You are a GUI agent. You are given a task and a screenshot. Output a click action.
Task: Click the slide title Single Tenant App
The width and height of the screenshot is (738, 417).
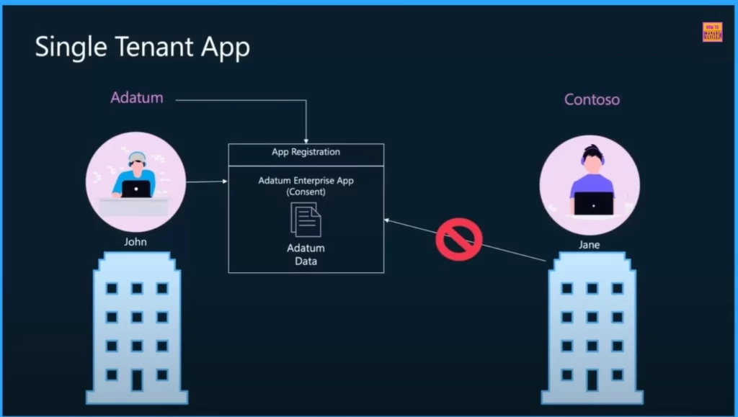tap(143, 48)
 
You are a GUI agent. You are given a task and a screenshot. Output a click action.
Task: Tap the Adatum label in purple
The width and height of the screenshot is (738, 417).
tap(136, 98)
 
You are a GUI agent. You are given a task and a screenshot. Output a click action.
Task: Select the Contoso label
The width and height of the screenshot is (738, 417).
tap(592, 99)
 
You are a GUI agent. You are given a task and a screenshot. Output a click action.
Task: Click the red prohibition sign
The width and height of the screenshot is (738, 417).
tap(459, 239)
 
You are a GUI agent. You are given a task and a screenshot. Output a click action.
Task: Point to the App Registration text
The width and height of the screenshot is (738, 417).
tap(306, 152)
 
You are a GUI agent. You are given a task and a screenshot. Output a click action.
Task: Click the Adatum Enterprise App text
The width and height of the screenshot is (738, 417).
tap(306, 181)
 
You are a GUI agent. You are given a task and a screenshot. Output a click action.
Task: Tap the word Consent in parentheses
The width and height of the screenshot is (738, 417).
tap(306, 192)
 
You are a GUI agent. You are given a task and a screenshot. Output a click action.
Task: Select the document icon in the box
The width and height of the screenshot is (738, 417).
tap(306, 219)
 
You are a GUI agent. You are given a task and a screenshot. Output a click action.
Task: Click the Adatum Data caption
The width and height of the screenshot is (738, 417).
tap(306, 254)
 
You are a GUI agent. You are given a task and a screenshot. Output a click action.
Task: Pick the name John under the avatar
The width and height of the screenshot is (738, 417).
tap(135, 242)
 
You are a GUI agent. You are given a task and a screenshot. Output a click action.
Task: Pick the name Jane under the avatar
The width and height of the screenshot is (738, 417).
tap(589, 245)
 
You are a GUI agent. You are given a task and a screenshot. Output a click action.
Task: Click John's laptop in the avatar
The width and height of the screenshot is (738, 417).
tap(135, 189)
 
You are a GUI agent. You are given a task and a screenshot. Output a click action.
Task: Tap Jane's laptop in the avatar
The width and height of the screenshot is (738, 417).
tap(593, 203)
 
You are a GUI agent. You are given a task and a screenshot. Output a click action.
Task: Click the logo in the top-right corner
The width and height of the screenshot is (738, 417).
tap(711, 32)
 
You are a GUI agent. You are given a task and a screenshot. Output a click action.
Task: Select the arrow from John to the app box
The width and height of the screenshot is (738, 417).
tap(207, 181)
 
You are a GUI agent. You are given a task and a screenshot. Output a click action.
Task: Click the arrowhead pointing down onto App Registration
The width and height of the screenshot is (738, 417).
tap(306, 139)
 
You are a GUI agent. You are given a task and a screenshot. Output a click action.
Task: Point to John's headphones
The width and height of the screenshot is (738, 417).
tap(135, 159)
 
